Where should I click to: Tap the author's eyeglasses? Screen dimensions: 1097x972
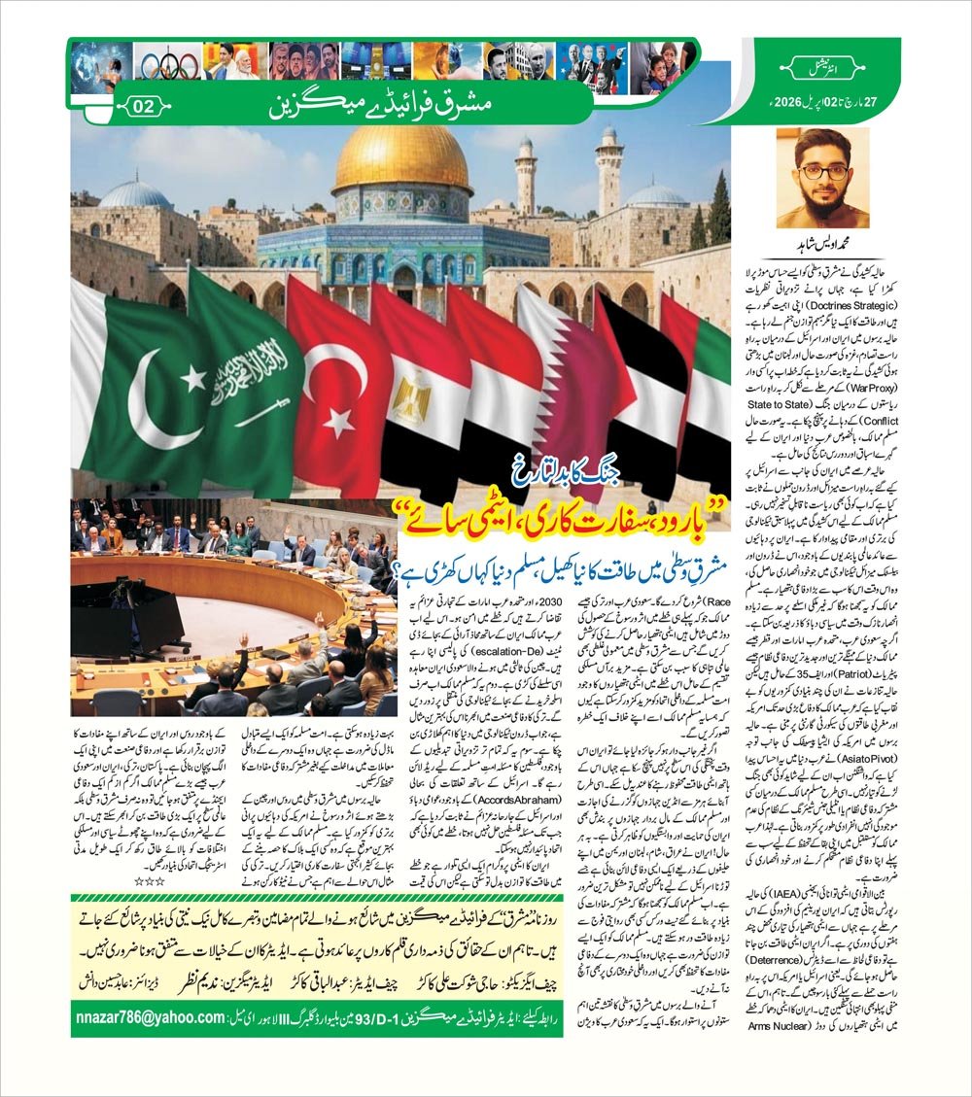click(822, 171)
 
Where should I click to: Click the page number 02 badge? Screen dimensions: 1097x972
click(142, 107)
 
